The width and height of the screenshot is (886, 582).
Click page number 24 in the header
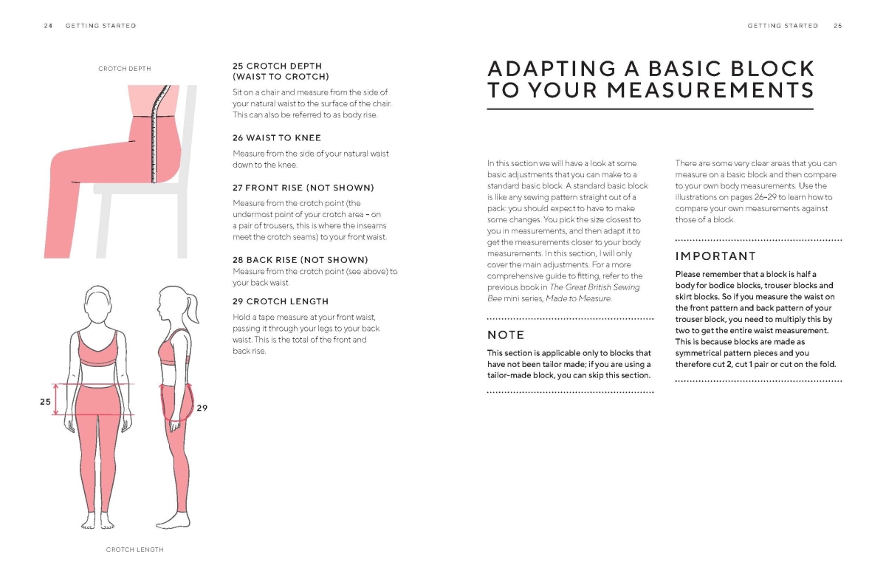(48, 26)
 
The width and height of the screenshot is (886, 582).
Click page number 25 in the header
(838, 26)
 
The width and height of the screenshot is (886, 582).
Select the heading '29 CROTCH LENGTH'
(281, 301)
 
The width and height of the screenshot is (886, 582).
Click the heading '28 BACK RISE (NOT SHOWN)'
(301, 260)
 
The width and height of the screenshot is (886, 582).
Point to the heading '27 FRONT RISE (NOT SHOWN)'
(303, 188)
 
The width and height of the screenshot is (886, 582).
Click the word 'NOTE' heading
(506, 335)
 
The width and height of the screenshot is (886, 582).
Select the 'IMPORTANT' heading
(715, 256)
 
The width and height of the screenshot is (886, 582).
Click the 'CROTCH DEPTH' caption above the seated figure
(125, 69)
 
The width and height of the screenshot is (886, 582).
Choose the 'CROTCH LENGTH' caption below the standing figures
(134, 550)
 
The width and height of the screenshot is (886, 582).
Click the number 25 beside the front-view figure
(44, 402)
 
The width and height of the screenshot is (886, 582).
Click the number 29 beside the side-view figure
(202, 407)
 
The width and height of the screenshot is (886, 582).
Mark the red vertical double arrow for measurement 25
(56, 399)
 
